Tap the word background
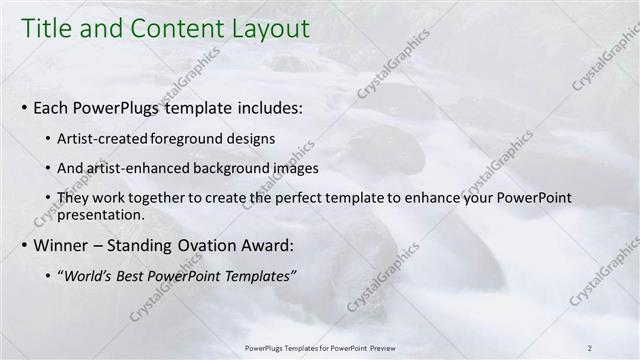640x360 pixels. (x=233, y=168)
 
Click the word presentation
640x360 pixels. (x=103, y=214)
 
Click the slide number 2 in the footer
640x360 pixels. (x=590, y=347)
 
